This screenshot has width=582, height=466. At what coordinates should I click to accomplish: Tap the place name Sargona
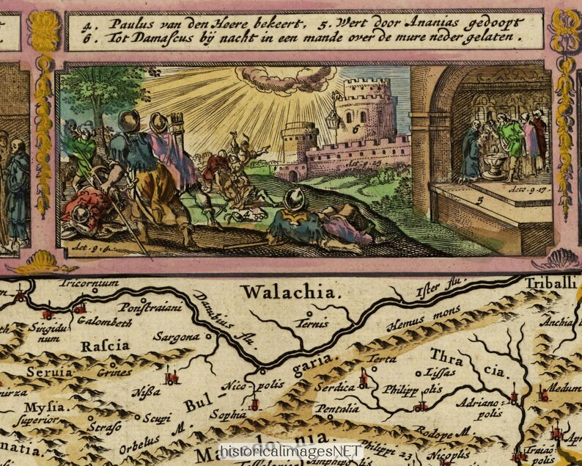tap(176, 337)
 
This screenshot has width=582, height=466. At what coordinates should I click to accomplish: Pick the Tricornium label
tap(89, 283)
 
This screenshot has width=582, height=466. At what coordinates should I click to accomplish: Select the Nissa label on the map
tap(146, 391)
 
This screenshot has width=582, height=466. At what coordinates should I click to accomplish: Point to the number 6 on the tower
tap(356, 125)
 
